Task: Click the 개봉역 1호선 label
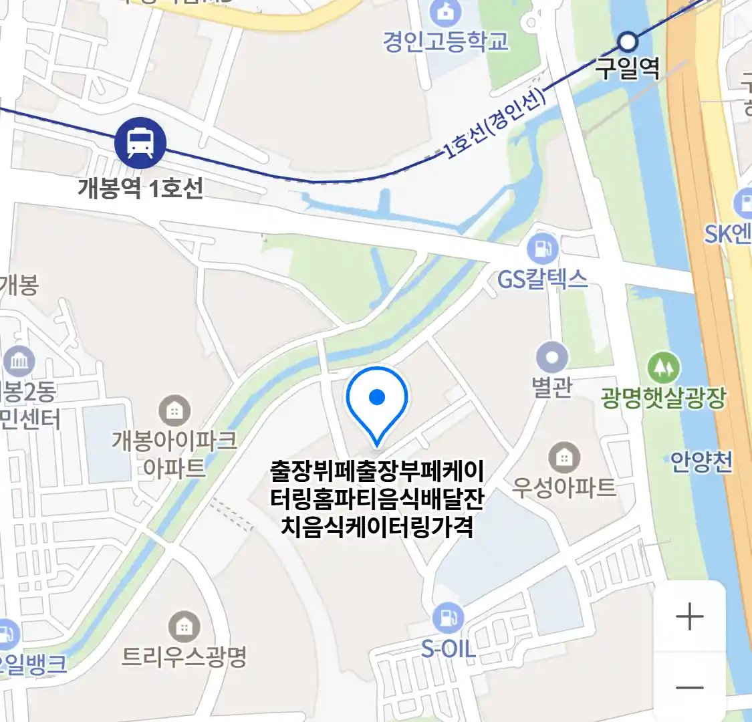click(x=140, y=188)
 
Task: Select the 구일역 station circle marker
click(x=627, y=42)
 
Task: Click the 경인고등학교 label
click(x=446, y=41)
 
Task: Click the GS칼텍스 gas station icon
click(x=543, y=249)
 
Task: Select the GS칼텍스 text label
click(x=543, y=279)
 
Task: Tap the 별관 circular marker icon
click(x=552, y=358)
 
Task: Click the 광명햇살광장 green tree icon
click(x=663, y=367)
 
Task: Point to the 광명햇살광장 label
click(x=663, y=398)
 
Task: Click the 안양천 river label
click(x=702, y=462)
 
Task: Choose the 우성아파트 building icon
click(x=564, y=458)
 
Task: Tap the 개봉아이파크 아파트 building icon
click(x=174, y=410)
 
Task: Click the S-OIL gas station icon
click(x=448, y=618)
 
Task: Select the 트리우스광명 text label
click(x=184, y=656)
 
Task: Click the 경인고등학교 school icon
click(x=442, y=11)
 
